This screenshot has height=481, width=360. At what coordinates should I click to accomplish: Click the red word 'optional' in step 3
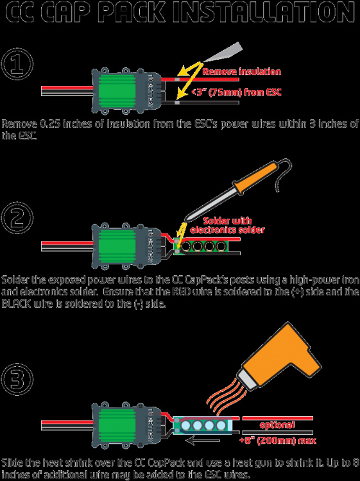tap(277, 425)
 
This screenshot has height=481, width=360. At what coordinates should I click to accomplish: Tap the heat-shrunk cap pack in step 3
tap(205, 425)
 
